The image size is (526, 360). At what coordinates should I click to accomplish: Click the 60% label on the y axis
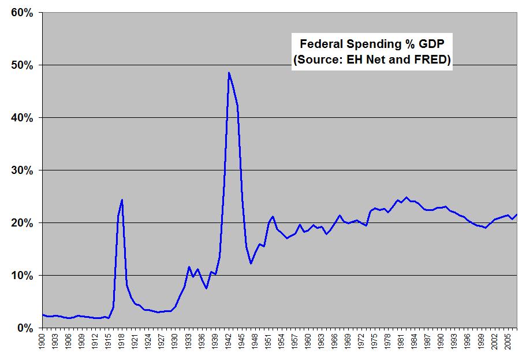tap(22, 12)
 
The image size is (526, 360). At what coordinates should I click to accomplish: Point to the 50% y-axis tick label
tap(22, 65)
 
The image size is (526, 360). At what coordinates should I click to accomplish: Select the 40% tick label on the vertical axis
tap(22, 117)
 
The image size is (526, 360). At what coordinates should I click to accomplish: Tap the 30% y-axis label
tap(22, 170)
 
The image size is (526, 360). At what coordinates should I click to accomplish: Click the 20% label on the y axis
tap(22, 223)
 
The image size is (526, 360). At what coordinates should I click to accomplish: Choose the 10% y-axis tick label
tap(22, 276)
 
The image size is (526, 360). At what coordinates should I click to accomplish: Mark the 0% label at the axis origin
tap(25, 328)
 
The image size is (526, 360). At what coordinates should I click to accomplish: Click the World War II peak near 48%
tap(229, 73)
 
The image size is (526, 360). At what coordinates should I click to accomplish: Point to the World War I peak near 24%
tap(122, 200)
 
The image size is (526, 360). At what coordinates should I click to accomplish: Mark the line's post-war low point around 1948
tap(251, 263)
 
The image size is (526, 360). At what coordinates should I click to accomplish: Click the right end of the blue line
tap(516, 214)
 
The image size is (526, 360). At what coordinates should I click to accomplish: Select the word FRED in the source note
tap(430, 60)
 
